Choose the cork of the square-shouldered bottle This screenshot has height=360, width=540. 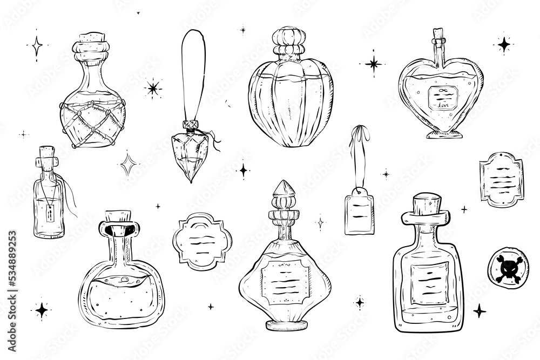[x=425, y=204]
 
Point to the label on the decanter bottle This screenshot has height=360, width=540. [x=285, y=281]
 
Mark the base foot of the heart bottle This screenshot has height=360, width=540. [x=441, y=133]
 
